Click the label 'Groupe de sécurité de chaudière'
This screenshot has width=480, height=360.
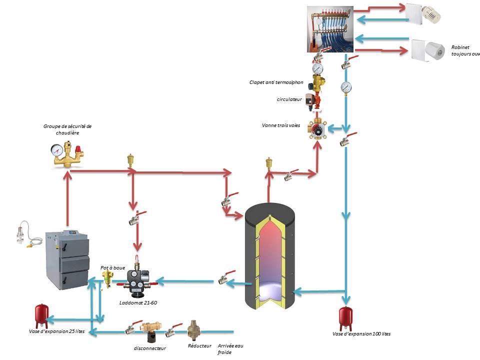(x=67, y=130)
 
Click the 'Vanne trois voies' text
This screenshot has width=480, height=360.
(x=281, y=125)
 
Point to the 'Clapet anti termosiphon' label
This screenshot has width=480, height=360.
(x=276, y=82)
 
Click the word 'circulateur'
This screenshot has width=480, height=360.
(x=289, y=99)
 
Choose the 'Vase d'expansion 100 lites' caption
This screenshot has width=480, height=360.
(x=361, y=333)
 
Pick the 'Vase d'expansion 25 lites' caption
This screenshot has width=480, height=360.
(x=56, y=331)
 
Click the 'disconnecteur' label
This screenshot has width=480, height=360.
(x=149, y=348)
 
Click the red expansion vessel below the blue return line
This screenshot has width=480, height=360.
(x=345, y=315)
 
